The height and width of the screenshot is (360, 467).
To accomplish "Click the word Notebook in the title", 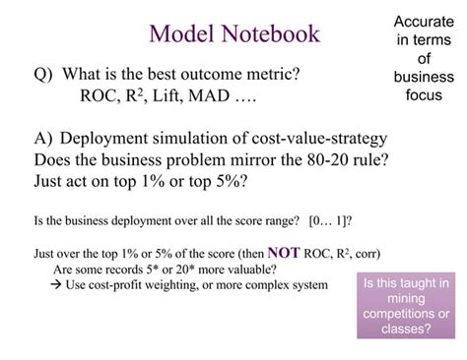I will (x=264, y=33).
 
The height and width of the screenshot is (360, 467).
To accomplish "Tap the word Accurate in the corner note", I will (x=424, y=21).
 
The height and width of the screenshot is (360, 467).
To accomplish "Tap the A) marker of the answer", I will (x=46, y=139).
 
